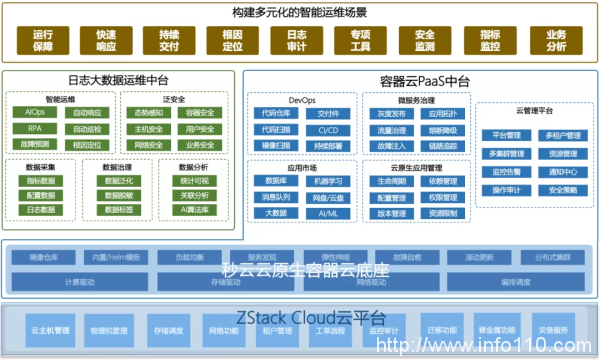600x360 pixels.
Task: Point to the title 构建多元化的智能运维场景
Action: [x=300, y=12]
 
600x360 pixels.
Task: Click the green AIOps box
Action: [x=35, y=112]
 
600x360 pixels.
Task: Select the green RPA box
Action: [x=35, y=128]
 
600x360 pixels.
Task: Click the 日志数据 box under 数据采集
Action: [x=41, y=211]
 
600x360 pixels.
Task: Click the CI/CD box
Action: [x=327, y=129]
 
